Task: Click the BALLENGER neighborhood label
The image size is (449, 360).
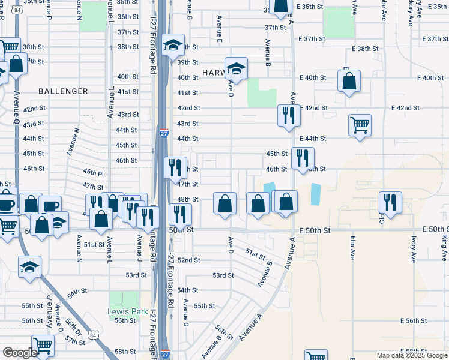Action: point(63,91)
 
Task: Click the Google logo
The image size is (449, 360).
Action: point(20,353)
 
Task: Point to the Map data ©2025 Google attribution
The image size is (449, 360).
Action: point(412,355)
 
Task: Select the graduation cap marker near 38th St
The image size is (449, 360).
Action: point(173,46)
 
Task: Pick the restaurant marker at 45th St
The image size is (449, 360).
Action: point(302,157)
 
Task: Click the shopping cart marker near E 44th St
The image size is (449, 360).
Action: point(360,125)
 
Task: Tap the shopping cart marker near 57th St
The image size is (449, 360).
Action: point(43,346)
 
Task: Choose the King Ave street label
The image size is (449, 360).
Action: point(444,248)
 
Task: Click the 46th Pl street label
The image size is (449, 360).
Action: point(94,172)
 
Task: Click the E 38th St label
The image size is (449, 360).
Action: point(365,48)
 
